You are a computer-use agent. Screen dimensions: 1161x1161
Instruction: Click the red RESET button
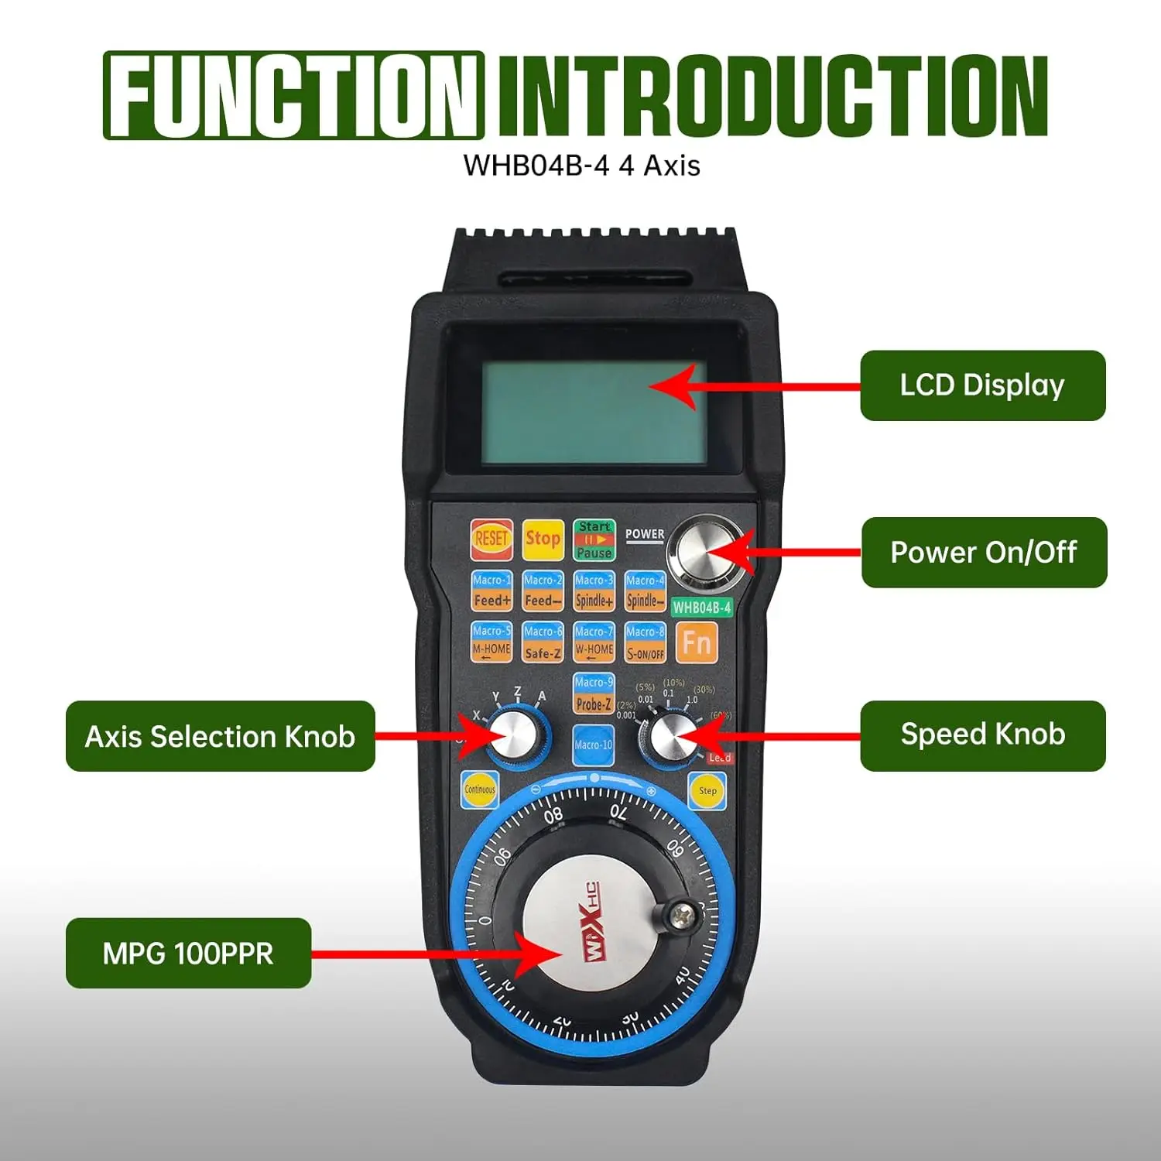click(491, 539)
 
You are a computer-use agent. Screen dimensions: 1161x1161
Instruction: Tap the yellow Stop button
click(543, 539)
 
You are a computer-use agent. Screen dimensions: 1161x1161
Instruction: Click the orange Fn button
click(697, 642)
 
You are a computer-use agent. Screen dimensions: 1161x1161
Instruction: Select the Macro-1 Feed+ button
click(491, 591)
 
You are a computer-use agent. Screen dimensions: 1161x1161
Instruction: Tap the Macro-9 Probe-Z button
click(594, 694)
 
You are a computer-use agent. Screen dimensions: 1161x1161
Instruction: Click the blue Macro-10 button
click(594, 745)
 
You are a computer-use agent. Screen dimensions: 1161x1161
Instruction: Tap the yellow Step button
click(707, 790)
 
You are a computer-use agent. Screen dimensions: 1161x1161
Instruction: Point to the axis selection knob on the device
click(511, 735)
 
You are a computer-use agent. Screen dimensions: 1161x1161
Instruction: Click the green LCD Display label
click(982, 385)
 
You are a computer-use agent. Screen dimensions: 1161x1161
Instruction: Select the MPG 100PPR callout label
click(188, 953)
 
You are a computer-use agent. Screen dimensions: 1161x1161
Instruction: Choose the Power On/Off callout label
click(984, 553)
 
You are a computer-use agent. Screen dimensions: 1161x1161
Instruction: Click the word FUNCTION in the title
click(294, 95)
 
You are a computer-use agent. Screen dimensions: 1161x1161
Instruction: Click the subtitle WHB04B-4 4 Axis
click(581, 166)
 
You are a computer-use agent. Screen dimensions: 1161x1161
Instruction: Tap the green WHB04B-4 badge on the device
click(701, 608)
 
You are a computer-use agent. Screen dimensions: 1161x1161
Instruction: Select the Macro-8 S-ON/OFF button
click(646, 642)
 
